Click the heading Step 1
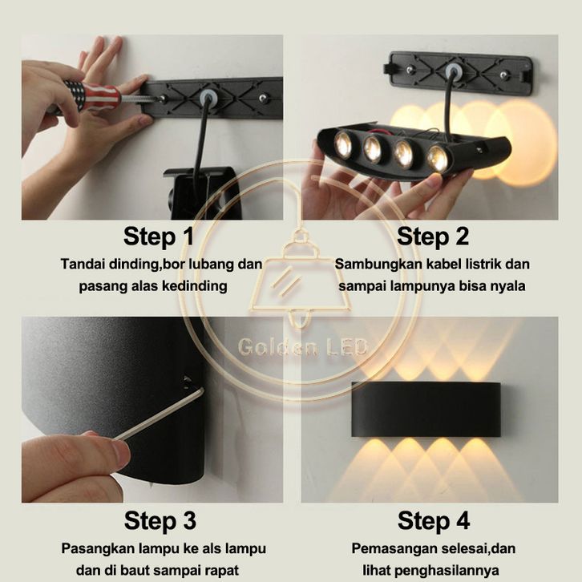[x=159, y=236]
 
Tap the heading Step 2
[x=433, y=236]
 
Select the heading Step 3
[x=160, y=520]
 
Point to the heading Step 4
[x=434, y=520]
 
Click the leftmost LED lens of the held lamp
[x=343, y=143]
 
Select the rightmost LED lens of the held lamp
[x=438, y=158]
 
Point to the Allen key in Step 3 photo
[x=160, y=414]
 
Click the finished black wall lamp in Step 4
[x=426, y=409]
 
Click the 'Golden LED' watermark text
[x=302, y=347]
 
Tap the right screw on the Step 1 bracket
[x=263, y=99]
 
